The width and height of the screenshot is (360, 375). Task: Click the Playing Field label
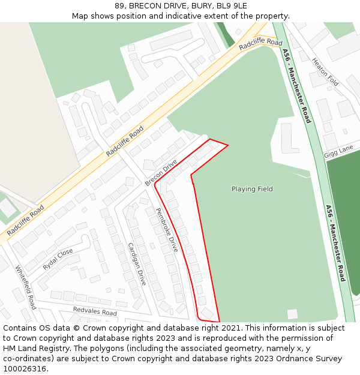[252, 189]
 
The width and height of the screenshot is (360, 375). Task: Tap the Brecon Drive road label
[161, 173]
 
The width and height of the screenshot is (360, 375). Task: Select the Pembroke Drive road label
[167, 230]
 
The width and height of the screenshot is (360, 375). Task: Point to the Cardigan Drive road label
[137, 263]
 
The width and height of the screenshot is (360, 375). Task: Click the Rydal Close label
[58, 260]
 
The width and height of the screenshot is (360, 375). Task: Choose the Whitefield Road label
[26, 287]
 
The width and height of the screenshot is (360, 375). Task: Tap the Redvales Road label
[95, 312]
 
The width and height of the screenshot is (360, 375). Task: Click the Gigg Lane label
[338, 150]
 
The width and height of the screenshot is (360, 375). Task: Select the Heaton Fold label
[325, 71]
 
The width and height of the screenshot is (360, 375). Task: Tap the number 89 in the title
[119, 6]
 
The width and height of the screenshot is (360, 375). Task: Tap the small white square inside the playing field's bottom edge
[292, 314]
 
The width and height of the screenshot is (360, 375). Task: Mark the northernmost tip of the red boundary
[210, 139]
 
